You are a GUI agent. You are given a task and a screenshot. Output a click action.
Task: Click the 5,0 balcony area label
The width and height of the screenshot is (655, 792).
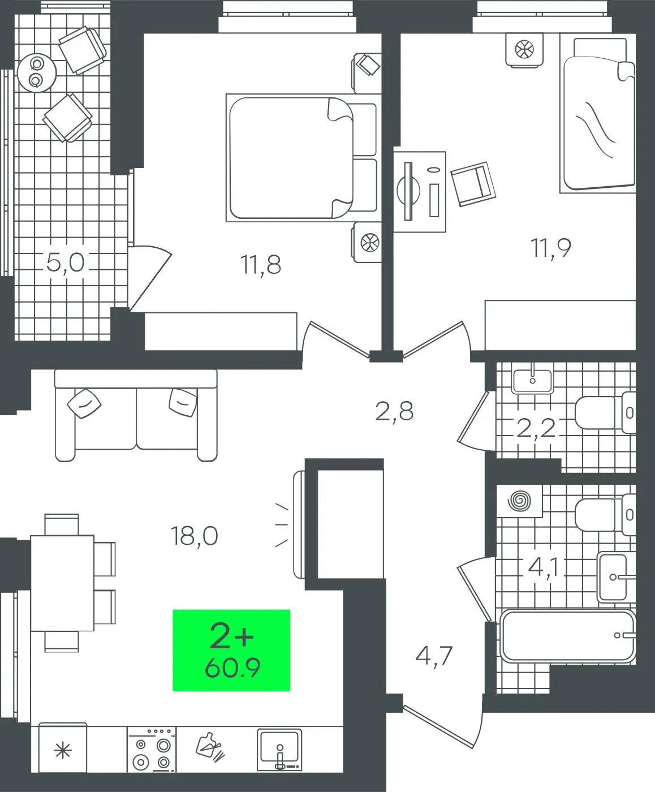click(65, 262)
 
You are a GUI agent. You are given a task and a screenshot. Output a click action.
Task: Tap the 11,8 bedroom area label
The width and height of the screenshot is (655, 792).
click(261, 265)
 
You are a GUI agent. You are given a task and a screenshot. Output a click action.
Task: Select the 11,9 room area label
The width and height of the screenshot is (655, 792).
click(551, 248)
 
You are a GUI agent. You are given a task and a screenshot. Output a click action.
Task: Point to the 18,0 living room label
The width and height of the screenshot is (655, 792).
click(195, 536)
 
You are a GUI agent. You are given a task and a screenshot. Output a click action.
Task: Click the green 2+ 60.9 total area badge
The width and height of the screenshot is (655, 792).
click(231, 650)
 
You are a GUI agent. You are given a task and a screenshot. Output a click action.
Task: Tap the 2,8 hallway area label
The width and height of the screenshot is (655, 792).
click(394, 411)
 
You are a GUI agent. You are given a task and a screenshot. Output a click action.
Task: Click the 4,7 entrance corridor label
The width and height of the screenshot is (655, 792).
click(434, 656)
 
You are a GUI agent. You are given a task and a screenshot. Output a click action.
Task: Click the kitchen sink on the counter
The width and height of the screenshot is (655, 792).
click(279, 749)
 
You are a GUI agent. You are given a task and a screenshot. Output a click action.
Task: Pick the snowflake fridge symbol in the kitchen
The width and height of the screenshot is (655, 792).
click(63, 751)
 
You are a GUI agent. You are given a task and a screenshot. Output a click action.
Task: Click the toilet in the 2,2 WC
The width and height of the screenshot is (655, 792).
click(605, 412)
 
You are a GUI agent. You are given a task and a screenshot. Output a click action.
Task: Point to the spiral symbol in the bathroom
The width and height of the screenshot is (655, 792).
click(520, 501)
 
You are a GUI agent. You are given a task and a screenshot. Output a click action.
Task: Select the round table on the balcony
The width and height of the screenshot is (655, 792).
click(37, 72)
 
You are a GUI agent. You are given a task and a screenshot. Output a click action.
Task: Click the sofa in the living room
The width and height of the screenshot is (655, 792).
click(136, 415)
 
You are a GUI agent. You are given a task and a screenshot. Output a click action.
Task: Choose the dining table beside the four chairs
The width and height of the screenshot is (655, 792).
click(62, 583)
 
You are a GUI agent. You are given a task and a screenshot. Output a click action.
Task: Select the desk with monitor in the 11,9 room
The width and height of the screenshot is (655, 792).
click(420, 192)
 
